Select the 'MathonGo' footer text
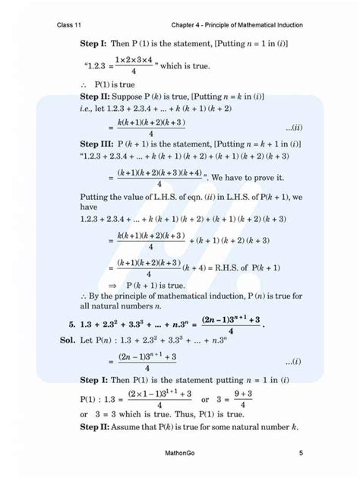pos(180,454)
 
